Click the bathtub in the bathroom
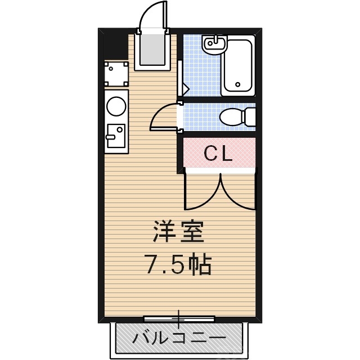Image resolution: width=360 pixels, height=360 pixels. pos(238,66)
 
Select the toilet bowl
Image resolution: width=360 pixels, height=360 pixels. pos(231,118)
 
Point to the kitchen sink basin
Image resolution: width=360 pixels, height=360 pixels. pos(116,136)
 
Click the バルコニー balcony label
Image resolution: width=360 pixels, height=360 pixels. pos(179,339)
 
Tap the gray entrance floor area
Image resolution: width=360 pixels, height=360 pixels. pos(152,48)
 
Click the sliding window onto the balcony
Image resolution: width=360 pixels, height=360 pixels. pos(179,319)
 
